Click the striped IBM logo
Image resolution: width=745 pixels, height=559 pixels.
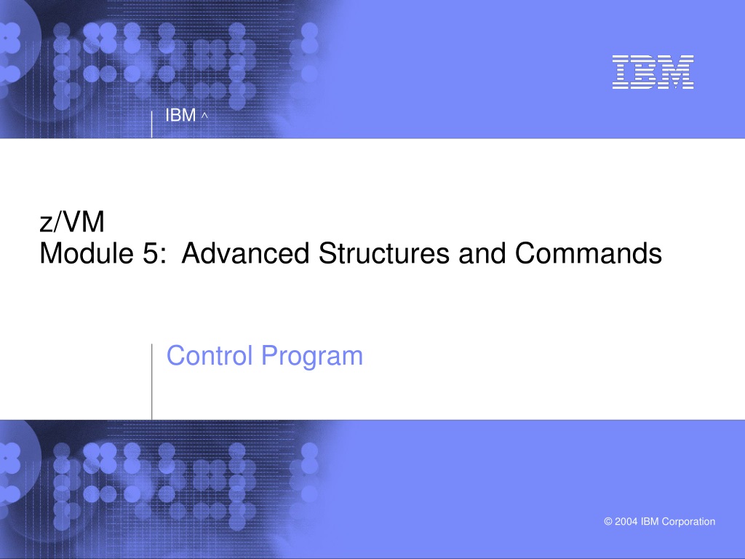click(653, 72)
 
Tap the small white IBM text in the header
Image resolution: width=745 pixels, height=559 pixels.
click(180, 115)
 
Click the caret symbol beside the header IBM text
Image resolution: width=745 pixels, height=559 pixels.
click(204, 116)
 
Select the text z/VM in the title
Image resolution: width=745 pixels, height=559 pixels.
click(72, 222)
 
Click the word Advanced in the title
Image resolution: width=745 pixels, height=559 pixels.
click(246, 253)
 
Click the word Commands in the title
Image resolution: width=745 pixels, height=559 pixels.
click(588, 253)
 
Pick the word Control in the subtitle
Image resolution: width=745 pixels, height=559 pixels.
click(209, 355)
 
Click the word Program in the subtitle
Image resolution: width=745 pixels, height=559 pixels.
click(312, 357)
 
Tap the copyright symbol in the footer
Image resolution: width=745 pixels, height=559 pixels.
click(608, 521)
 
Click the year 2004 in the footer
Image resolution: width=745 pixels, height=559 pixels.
click(626, 521)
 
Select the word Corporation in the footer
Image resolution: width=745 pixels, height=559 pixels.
click(688, 522)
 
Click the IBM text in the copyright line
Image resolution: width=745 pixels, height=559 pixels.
click(650, 521)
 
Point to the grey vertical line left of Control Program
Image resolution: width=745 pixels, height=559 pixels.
click(152, 381)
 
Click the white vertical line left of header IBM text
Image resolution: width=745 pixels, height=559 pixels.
click(151, 124)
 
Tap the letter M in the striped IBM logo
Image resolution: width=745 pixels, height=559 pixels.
click(676, 72)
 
